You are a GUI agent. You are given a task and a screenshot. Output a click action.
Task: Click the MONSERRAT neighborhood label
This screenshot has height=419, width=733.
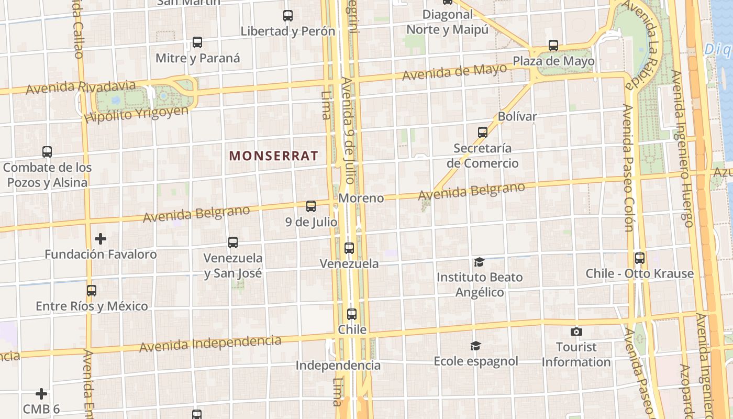(x=273, y=156)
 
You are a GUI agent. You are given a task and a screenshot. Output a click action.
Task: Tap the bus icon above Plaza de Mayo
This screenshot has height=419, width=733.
(x=553, y=46)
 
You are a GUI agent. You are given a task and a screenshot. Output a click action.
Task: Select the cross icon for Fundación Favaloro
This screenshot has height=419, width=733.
(x=101, y=239)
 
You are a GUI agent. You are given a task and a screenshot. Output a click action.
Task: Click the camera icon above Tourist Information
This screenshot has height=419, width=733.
(x=576, y=332)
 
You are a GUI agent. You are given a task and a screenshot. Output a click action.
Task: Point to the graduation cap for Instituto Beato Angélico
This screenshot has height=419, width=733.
(x=479, y=262)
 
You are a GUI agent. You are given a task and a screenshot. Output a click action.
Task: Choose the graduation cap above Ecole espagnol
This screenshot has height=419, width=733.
(x=475, y=346)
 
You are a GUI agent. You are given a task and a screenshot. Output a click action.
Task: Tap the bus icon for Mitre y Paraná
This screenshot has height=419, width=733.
(x=197, y=42)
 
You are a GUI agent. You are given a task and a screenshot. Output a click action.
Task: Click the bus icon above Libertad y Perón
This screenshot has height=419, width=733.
(x=288, y=16)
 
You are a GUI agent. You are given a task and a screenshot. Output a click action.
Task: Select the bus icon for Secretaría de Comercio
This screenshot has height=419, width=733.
(x=483, y=133)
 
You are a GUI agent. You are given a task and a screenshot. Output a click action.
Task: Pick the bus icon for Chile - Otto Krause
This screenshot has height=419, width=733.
(x=640, y=258)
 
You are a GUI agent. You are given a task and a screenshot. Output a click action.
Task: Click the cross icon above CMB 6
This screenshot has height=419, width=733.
(x=41, y=394)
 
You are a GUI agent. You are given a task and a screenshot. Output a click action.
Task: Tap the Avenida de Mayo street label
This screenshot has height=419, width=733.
(x=454, y=71)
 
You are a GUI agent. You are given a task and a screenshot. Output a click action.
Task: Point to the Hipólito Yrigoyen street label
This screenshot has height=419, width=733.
(x=136, y=113)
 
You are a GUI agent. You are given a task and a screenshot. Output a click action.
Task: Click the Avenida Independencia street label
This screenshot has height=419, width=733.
(x=210, y=344)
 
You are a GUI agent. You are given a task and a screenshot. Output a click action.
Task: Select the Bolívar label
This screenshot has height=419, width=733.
(x=517, y=116)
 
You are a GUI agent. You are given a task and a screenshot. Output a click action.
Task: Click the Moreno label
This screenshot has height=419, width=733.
(x=361, y=198)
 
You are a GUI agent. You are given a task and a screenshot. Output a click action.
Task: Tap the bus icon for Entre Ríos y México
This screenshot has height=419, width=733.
(x=92, y=291)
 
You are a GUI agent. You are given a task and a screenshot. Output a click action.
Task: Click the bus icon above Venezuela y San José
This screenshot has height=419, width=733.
(x=233, y=242)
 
